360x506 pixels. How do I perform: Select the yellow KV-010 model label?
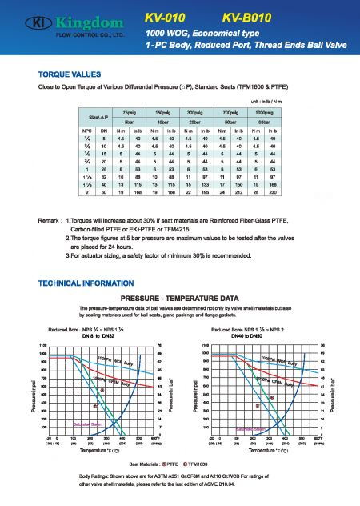click(x=167, y=17)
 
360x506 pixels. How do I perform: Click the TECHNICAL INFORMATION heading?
click(x=80, y=283)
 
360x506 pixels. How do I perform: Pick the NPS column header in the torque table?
click(x=86, y=130)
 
